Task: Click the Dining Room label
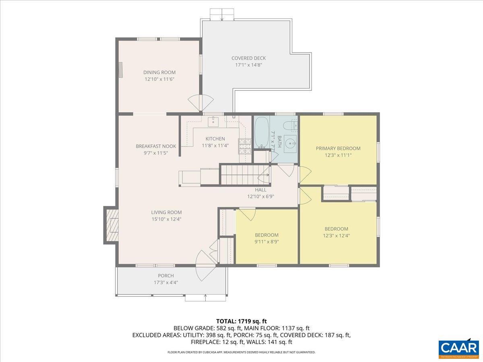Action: point(159,72)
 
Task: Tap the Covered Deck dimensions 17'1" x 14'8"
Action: point(248,65)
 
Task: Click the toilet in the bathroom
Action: point(290,126)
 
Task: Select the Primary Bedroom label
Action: point(338,148)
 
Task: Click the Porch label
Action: point(166,276)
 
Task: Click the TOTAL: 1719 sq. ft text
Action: point(242,321)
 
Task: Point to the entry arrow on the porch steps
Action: point(206,298)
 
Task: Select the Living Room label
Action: point(166,212)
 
